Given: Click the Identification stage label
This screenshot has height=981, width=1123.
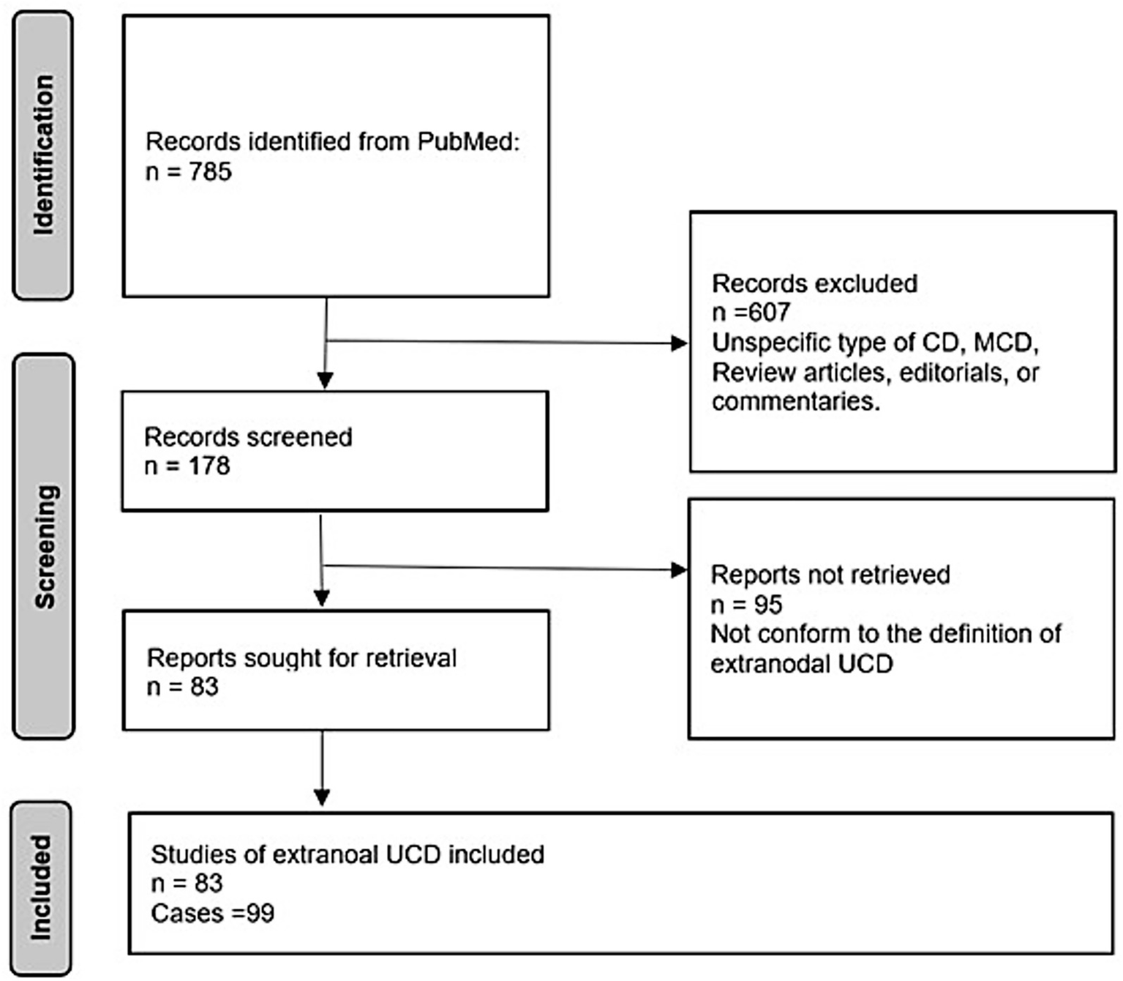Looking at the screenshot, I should (x=43, y=155).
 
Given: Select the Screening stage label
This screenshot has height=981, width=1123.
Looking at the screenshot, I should (x=44, y=546).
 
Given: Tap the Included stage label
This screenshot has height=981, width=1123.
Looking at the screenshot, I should (x=41, y=887).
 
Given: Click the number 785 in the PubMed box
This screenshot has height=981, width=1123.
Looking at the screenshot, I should (x=210, y=171).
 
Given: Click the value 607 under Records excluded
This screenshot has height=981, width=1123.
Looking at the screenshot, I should (x=768, y=313).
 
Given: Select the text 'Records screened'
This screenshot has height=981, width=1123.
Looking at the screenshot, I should (x=248, y=437).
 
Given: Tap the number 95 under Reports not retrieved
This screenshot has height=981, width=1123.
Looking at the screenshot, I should (x=767, y=605).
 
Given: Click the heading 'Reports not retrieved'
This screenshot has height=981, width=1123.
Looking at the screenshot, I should (x=830, y=575).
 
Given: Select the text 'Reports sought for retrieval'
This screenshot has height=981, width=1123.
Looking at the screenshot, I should (x=301, y=657).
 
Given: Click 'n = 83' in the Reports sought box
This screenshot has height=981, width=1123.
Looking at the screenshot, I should (x=183, y=687).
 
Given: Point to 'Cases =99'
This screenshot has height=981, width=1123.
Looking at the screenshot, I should (x=212, y=913).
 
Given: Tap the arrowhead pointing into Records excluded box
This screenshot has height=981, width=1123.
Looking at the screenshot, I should (x=679, y=343).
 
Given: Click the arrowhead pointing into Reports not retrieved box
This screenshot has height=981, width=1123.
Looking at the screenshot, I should (x=679, y=570).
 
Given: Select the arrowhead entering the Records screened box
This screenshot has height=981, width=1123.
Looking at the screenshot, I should (x=325, y=380).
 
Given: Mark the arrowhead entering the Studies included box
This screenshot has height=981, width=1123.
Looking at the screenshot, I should (x=322, y=797).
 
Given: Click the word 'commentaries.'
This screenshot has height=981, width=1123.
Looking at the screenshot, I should (x=795, y=402).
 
